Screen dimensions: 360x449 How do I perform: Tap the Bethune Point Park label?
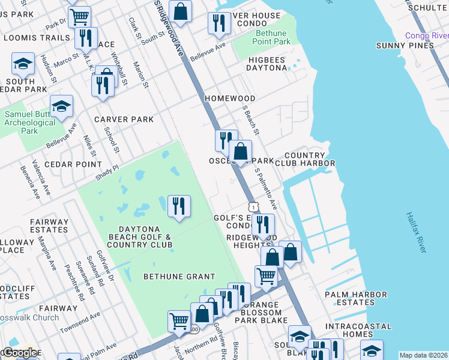coord(273,37)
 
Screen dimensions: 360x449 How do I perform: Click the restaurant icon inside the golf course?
coord(179,206)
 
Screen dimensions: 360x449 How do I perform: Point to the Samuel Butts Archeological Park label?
coord(29,122)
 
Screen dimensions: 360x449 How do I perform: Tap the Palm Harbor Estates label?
coord(354,299)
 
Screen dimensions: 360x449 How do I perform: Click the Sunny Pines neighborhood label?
coord(405,46)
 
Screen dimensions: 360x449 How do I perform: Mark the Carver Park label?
coord(124,119)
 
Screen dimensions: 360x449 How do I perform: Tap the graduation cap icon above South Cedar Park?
coord(23,64)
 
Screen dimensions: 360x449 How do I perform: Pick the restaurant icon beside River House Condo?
coord(218,23)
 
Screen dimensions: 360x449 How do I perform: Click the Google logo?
coord(20,352)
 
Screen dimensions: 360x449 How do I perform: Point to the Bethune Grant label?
coord(179,277)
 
